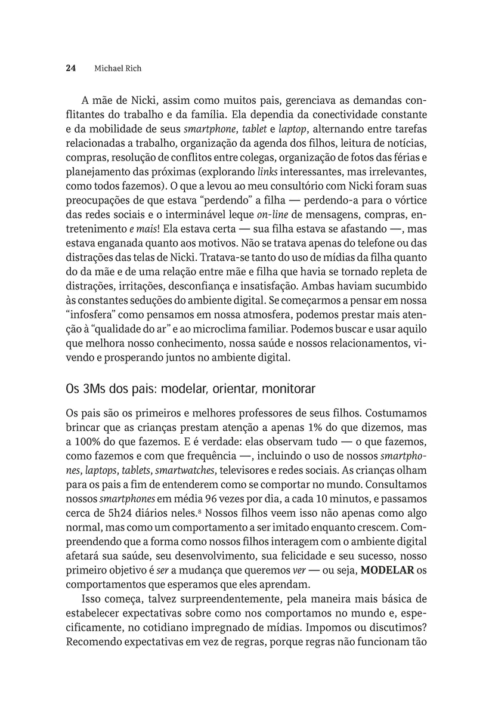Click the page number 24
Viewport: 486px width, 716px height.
[70, 68]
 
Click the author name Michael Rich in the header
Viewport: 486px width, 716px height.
[118, 68]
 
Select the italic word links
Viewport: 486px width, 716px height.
[267, 172]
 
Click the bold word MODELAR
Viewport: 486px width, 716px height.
[388, 570]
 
